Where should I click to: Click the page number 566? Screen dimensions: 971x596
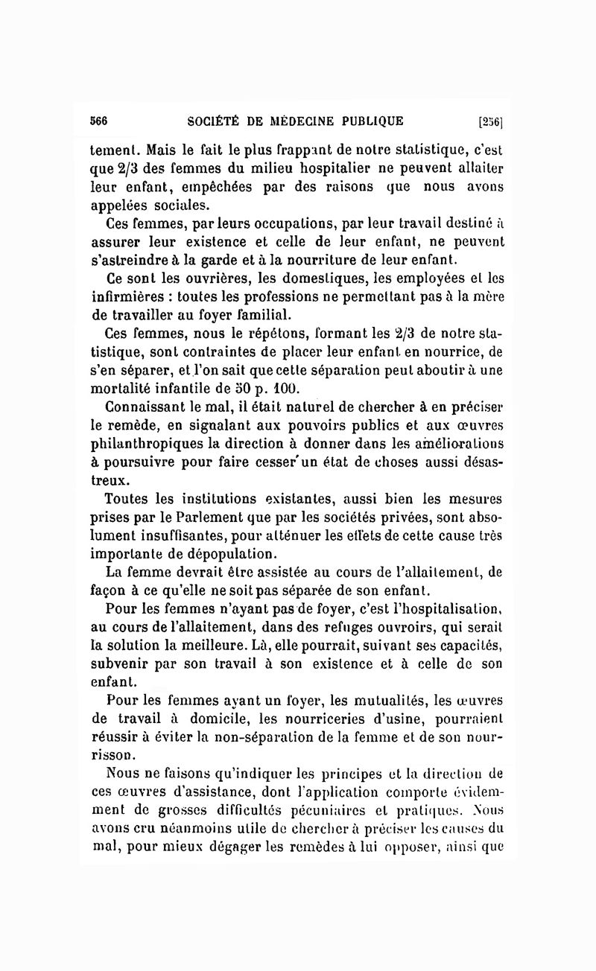[x=100, y=121]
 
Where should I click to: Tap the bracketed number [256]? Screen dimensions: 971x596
[x=492, y=121]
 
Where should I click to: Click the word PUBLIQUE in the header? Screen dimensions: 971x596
[x=372, y=121]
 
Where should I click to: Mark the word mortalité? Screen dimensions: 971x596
[x=121, y=389]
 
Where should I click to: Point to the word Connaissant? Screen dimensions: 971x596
[x=145, y=409]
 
